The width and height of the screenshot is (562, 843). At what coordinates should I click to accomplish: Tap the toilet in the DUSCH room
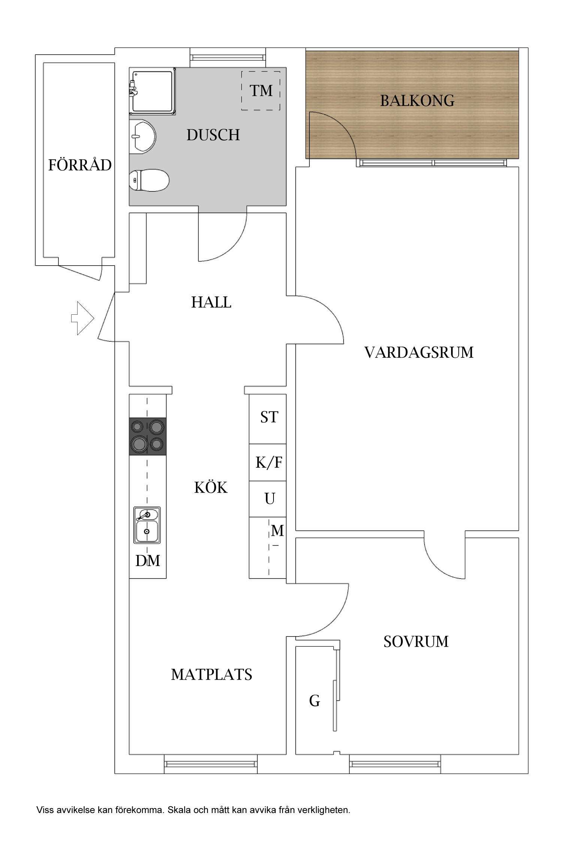149,180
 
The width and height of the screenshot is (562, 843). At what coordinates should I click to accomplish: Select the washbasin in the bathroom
142,136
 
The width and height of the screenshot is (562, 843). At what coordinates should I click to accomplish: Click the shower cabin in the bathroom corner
152,91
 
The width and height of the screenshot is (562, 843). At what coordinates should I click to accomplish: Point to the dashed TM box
261,91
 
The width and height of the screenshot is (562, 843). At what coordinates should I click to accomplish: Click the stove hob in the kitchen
148,436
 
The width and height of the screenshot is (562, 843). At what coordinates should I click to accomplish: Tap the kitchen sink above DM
147,525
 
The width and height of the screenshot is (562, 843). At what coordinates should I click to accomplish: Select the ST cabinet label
269,417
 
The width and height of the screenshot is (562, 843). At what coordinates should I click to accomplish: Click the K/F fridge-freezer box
268,463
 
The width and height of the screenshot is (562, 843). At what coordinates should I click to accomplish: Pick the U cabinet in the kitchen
269,499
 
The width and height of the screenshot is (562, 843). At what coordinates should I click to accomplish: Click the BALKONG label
417,101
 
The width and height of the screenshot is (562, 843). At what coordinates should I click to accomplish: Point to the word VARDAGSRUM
419,353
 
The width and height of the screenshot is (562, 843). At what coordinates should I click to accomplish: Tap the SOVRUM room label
416,642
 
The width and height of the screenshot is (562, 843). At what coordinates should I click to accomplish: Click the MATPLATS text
211,675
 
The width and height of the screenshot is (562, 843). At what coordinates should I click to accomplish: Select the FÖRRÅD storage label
79,165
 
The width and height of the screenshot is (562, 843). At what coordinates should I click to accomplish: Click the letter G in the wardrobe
314,701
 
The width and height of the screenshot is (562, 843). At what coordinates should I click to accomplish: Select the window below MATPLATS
211,764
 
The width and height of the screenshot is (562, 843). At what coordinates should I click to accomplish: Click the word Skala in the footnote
177,810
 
